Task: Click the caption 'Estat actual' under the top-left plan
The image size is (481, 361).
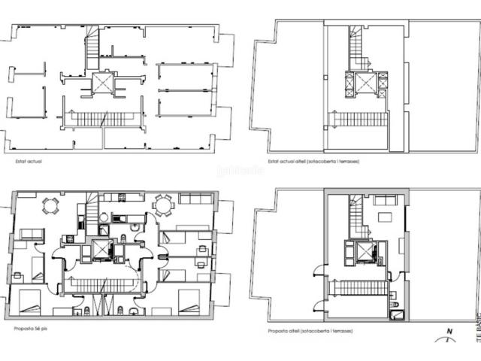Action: (29, 160)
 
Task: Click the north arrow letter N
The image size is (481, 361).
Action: (449, 332)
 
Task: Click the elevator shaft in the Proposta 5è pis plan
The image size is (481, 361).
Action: (101, 249)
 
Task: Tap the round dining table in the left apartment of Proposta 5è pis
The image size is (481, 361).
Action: (50, 205)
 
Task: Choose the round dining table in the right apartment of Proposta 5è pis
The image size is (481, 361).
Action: (163, 204)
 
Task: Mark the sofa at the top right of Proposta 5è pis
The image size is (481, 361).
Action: (195, 199)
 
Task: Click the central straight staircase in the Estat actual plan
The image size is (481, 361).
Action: (101, 118)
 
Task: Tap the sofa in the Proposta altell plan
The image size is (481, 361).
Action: (385, 200)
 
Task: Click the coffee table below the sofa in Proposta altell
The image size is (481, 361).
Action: (384, 217)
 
